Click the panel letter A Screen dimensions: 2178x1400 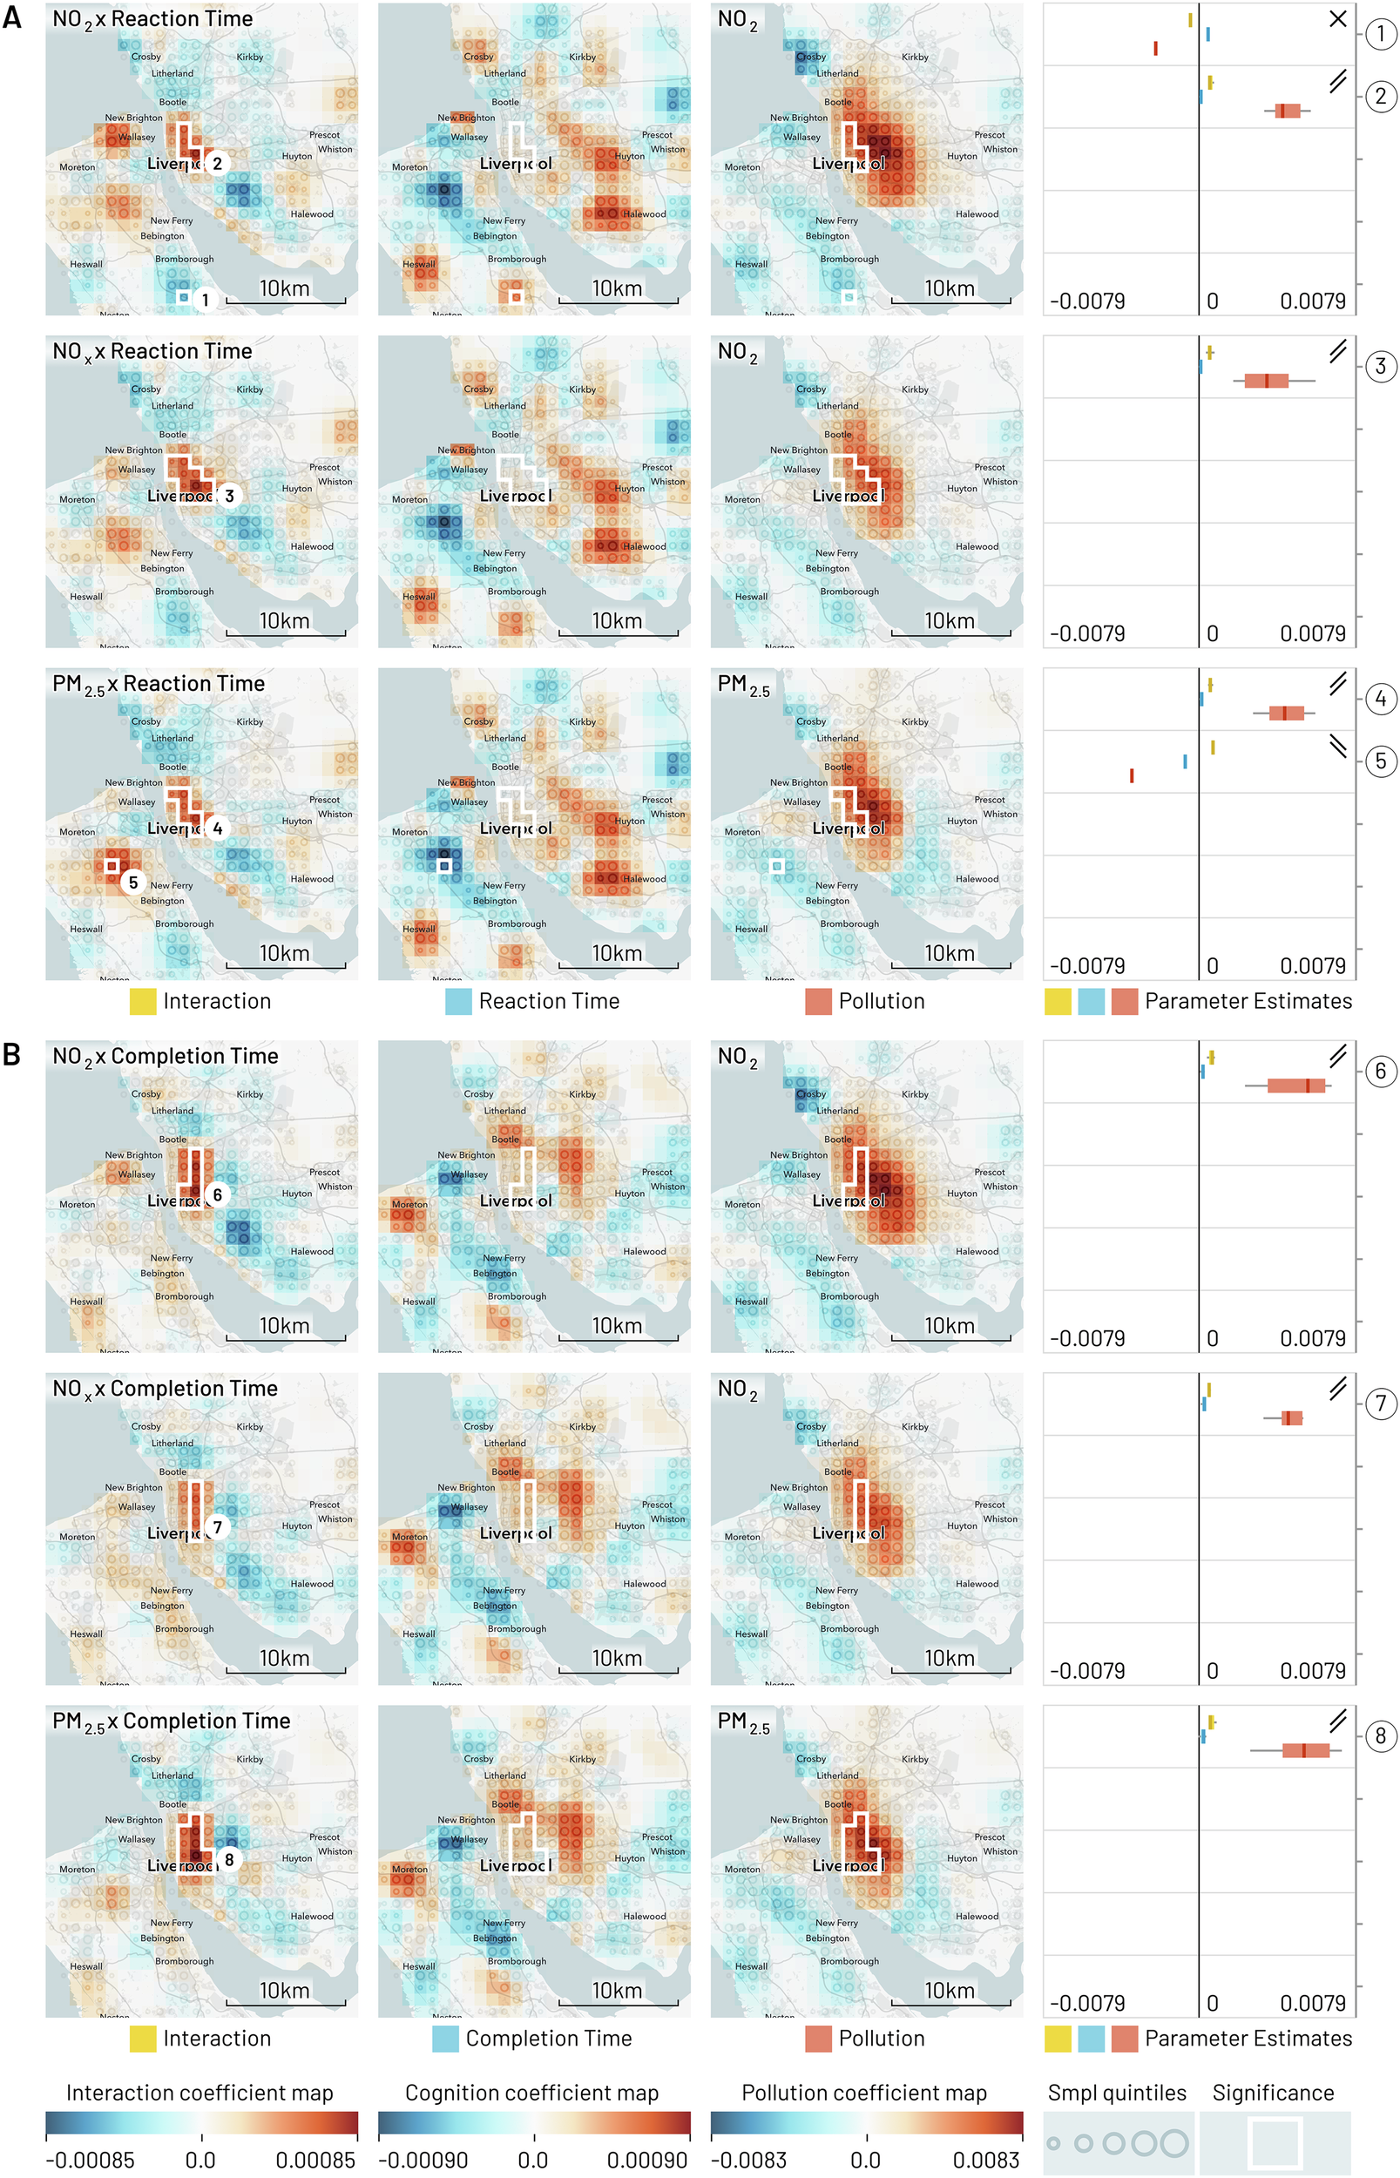click(x=12, y=17)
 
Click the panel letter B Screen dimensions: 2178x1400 click(x=12, y=1053)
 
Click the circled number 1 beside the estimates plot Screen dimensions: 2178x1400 click(x=1380, y=34)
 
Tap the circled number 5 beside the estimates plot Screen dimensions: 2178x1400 click(x=1380, y=761)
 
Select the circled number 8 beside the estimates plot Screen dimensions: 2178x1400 click(x=1380, y=1735)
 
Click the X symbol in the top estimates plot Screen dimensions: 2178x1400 click(x=1337, y=18)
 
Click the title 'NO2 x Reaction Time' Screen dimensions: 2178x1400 click(x=152, y=19)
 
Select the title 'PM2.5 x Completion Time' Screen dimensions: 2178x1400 click(x=171, y=1721)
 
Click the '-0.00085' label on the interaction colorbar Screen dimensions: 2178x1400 click(x=89, y=2160)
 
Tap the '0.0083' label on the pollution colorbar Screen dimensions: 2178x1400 click(x=985, y=2160)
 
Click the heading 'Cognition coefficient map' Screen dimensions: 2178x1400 click(x=531, y=2093)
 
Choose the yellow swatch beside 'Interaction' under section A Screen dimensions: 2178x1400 click(x=143, y=1001)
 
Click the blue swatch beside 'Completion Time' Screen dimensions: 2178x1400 click(x=445, y=2038)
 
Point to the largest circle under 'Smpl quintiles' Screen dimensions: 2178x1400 click(x=1173, y=2142)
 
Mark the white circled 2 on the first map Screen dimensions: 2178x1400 click(x=216, y=164)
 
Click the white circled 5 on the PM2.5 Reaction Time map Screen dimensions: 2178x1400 click(x=132, y=882)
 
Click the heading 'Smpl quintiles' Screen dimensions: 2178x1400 click(x=1116, y=2093)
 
